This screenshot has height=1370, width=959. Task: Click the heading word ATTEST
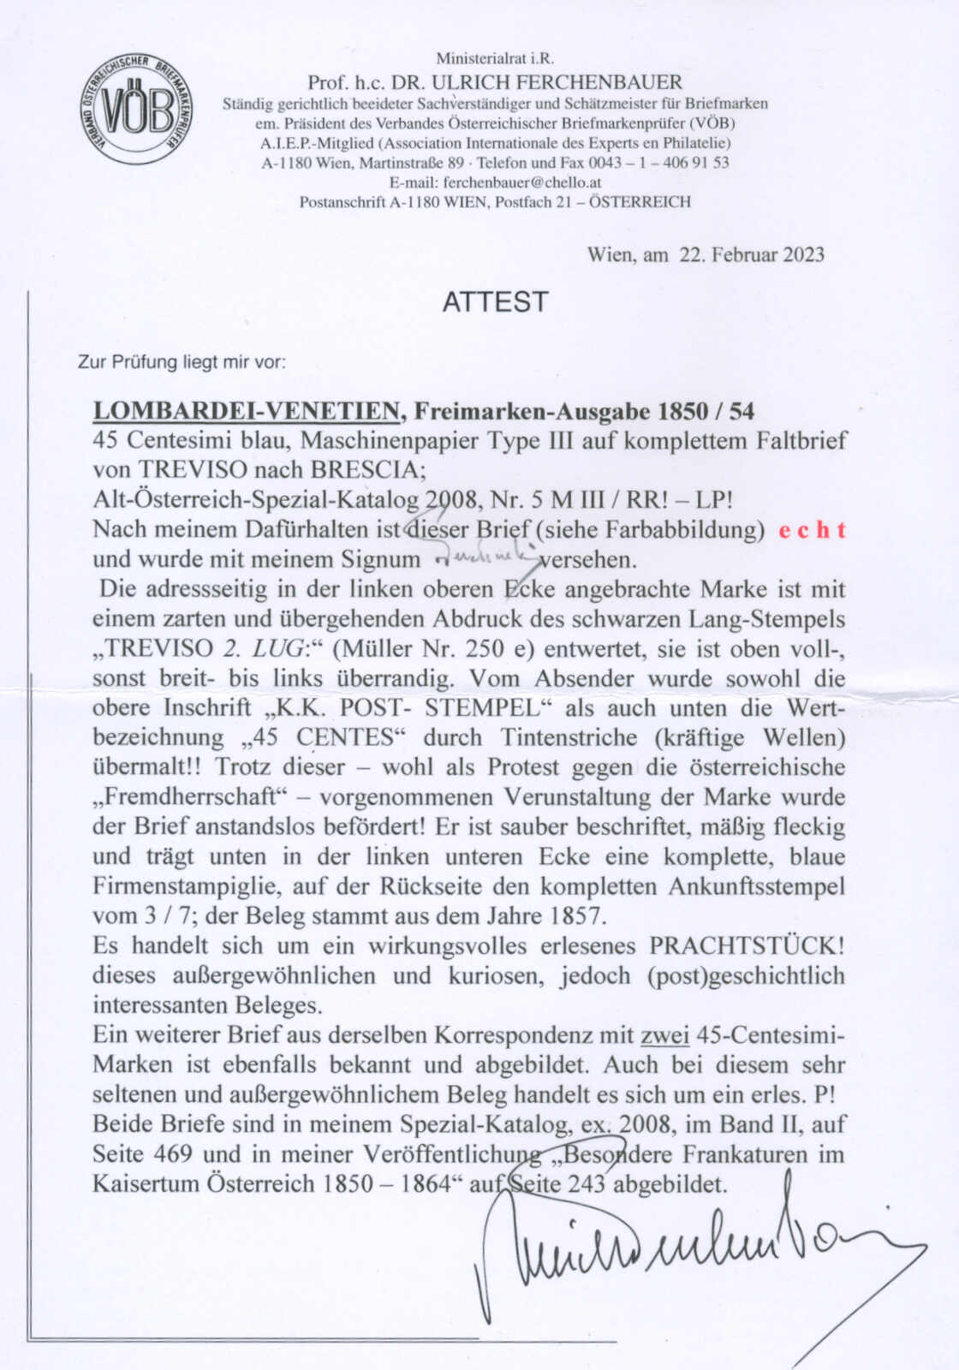point(495,301)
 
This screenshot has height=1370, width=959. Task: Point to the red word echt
point(813,530)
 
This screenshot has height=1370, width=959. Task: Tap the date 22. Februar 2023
point(752,254)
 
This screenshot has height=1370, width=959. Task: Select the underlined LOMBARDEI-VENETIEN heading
point(248,411)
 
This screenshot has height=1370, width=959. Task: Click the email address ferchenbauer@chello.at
point(521,182)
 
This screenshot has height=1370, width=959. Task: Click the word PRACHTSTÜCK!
point(748,946)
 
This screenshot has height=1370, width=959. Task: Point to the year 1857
point(578,916)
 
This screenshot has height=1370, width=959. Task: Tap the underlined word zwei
point(665,1035)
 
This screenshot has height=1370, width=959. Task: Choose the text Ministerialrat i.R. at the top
point(495,59)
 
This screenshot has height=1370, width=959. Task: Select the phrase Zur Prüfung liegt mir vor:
point(182,362)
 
